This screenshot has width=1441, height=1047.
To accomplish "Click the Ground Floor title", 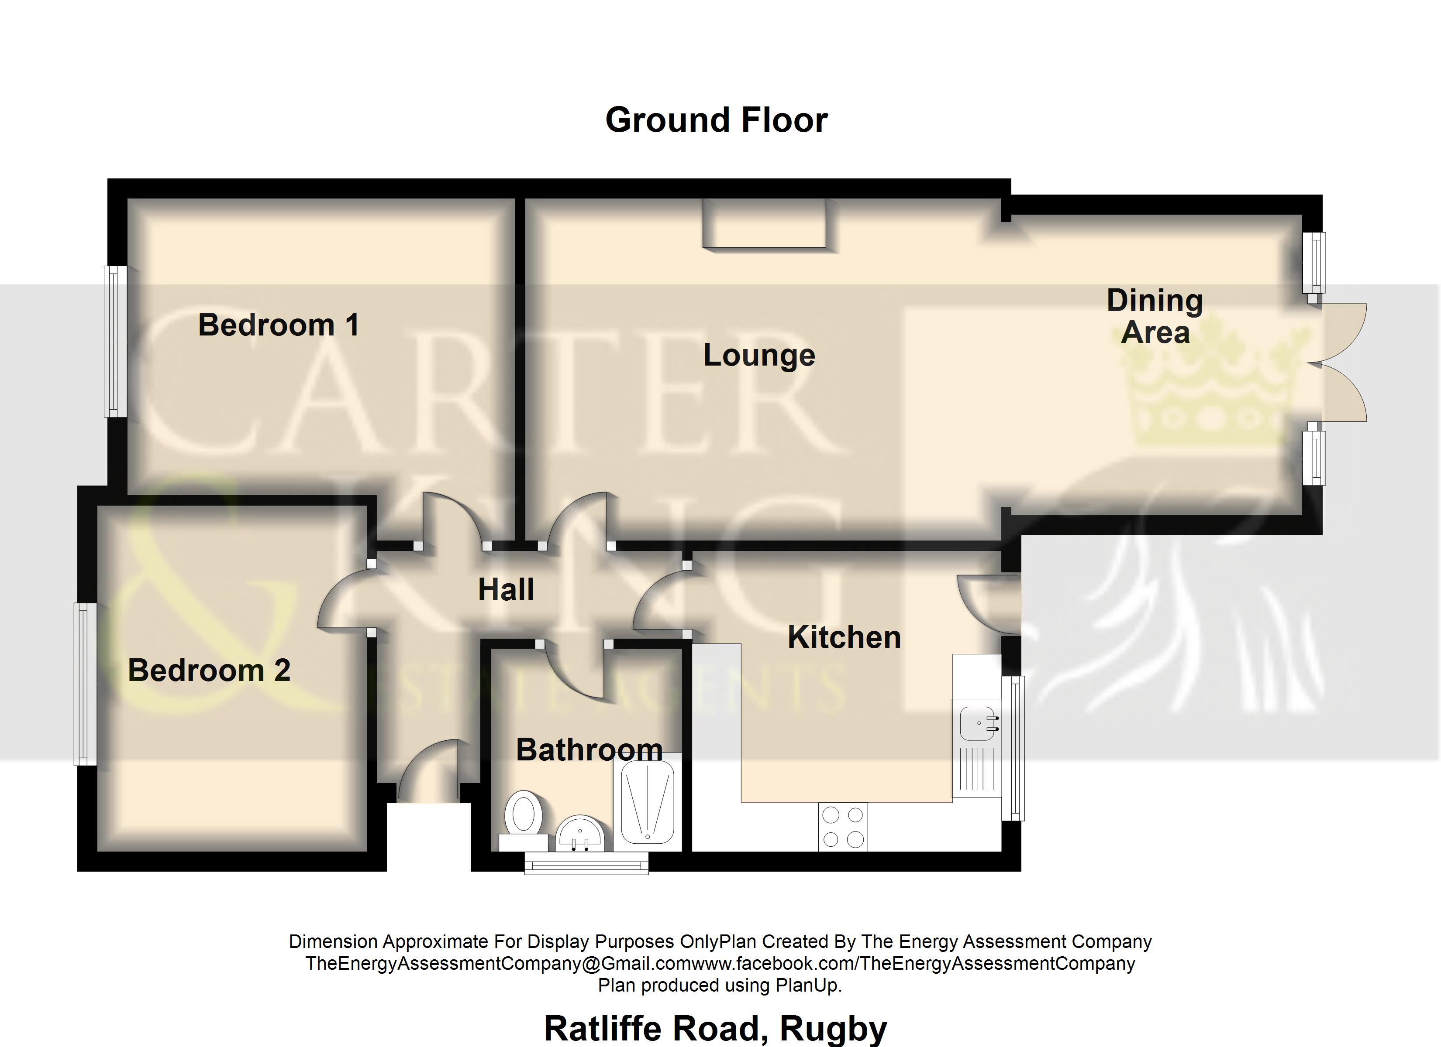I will click(716, 120).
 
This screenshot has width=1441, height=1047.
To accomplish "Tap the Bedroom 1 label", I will click(278, 325).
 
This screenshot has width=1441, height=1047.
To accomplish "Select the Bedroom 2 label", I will click(209, 671).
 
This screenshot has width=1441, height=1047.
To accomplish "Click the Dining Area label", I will click(1155, 316).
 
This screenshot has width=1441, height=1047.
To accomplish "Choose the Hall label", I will click(505, 590).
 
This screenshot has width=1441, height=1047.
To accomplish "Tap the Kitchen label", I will click(844, 637).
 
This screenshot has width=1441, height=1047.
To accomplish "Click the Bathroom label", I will click(589, 750).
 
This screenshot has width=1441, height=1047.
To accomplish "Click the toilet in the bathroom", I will click(523, 815).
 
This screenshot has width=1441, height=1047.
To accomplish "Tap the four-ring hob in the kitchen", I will click(842, 827).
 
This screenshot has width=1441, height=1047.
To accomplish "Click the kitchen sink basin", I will click(976, 723).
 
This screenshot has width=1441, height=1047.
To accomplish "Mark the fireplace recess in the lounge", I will click(764, 223).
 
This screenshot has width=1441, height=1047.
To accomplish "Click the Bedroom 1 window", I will click(115, 341).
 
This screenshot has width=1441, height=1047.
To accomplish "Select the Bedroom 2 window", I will click(85, 684).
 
